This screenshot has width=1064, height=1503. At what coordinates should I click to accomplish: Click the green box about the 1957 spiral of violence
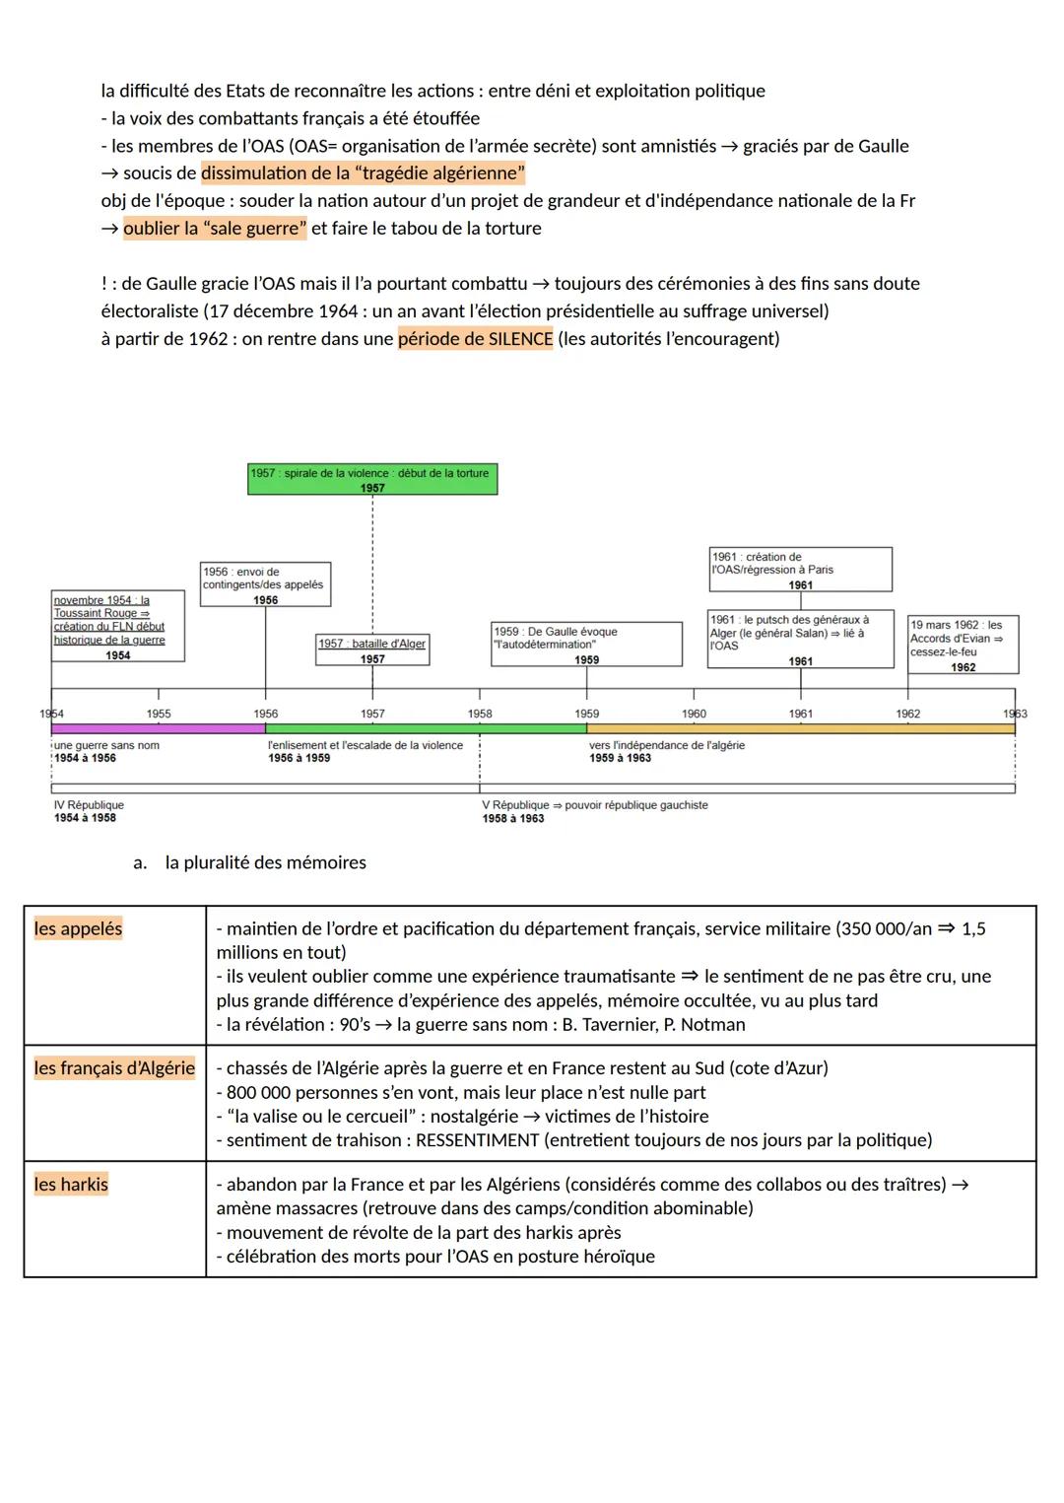[372, 479]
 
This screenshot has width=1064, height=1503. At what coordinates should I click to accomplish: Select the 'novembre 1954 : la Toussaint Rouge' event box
[117, 626]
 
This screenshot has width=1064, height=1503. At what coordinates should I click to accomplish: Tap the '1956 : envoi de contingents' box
[265, 584]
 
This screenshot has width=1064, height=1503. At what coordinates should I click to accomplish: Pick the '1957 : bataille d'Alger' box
[372, 649]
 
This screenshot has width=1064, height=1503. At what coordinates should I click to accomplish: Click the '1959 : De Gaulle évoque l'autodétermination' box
[586, 644]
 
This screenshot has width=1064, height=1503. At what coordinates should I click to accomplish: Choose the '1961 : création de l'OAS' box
[800, 570]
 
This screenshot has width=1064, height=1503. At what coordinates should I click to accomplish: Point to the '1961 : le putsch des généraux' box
[800, 639]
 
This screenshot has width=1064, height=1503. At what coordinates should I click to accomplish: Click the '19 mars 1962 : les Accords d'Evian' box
[963, 645]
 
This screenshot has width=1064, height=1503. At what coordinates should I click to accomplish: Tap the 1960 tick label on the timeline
[694, 714]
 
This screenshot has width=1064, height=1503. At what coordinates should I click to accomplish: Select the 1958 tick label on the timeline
[480, 714]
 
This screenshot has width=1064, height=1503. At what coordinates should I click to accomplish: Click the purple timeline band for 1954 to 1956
[159, 728]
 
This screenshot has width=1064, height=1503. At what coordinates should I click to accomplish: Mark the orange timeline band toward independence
[800, 728]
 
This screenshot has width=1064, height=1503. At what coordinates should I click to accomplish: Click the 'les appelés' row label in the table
[78, 928]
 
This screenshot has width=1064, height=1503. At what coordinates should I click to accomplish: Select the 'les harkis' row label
[71, 1184]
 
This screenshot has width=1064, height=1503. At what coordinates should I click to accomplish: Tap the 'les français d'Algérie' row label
[114, 1067]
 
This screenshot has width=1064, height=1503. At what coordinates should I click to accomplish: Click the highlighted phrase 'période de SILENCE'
[476, 339]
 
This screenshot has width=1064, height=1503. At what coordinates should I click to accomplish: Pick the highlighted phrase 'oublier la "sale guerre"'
[215, 229]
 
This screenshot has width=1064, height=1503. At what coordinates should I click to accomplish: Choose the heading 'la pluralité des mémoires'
[265, 862]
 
